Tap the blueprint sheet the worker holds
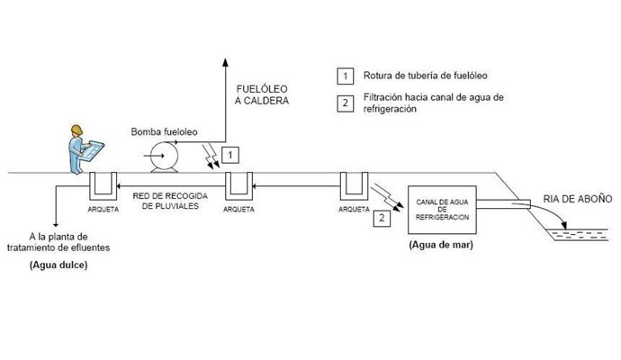(x=93, y=150)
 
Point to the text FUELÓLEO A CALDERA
(x=262, y=96)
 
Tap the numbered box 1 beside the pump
(x=231, y=155)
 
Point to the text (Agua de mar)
(x=441, y=244)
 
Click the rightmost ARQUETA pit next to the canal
(x=352, y=187)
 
